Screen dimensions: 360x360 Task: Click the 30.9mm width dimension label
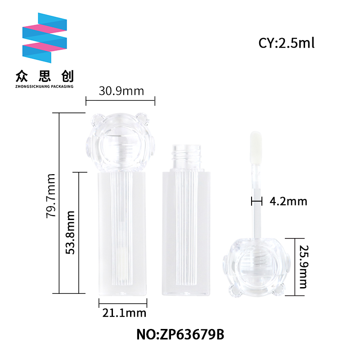click(121, 91)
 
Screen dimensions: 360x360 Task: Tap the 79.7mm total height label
click(51, 196)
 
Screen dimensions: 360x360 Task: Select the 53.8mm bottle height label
click(70, 232)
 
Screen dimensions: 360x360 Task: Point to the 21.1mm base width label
click(124, 313)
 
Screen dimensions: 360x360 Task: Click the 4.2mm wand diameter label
click(288, 201)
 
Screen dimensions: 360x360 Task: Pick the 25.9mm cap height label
click(304, 267)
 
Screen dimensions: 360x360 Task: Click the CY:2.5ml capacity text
click(286, 43)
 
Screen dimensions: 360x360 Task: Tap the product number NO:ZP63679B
click(180, 334)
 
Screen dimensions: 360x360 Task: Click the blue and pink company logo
click(45, 38)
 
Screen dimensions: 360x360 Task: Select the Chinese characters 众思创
click(45, 76)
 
